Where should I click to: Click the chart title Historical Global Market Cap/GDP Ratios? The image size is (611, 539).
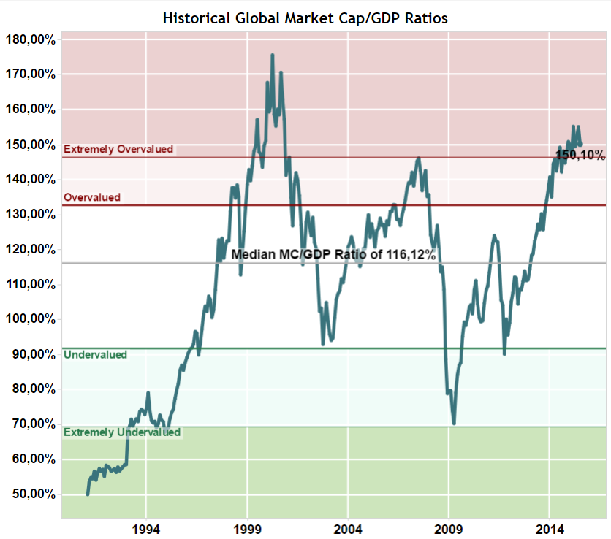click(x=305, y=18)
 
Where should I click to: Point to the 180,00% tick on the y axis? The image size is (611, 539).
click(x=31, y=39)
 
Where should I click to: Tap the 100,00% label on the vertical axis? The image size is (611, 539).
click(x=31, y=319)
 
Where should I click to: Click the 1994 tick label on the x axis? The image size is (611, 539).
click(x=146, y=528)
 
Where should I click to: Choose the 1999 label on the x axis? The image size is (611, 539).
click(x=247, y=528)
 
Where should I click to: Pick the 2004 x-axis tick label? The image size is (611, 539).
click(x=348, y=528)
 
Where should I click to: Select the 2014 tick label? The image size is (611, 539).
click(x=550, y=528)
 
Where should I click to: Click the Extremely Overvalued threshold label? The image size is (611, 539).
click(x=118, y=149)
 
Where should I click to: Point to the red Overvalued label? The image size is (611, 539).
click(x=92, y=197)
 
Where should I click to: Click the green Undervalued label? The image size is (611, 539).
click(x=96, y=355)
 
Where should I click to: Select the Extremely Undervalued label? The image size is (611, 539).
click(x=122, y=432)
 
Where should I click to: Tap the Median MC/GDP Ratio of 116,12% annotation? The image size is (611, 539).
click(x=333, y=255)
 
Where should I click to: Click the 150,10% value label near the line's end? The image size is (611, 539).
click(x=580, y=155)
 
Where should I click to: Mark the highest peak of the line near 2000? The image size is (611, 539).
click(x=273, y=55)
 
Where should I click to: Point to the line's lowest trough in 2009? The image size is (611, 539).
click(x=454, y=423)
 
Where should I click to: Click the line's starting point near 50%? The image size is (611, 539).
click(x=88, y=494)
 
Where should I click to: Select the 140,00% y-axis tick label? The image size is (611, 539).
click(x=31, y=179)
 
